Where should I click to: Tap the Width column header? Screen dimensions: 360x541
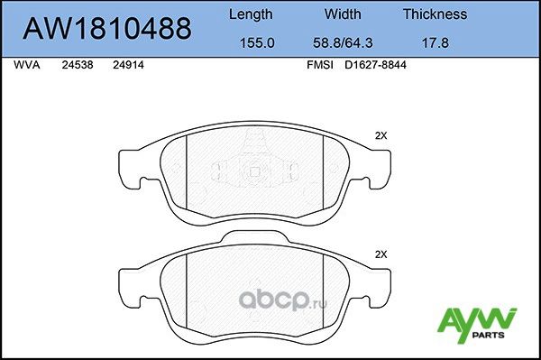[343, 14]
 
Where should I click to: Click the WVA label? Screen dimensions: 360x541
[27, 66]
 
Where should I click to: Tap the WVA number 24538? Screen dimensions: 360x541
[78, 66]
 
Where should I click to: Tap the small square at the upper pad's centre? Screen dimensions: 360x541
[254, 172]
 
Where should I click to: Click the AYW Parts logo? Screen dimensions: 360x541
[476, 323]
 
